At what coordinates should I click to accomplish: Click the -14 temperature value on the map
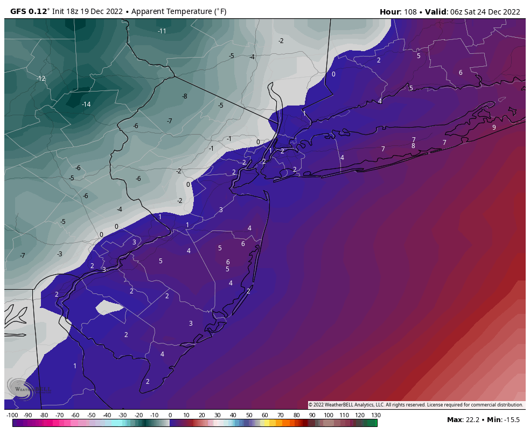point(86,104)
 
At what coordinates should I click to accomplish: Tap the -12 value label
point(41,79)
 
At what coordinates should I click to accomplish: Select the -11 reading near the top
point(162,31)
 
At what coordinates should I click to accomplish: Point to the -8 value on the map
point(185,96)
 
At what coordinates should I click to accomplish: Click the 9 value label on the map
point(494,128)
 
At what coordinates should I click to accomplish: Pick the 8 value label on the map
point(413,146)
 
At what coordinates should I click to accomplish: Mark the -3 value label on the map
point(60,254)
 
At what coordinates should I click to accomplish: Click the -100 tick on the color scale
point(12,415)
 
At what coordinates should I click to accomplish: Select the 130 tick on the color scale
point(375,415)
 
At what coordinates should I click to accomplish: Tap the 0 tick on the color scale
point(170,415)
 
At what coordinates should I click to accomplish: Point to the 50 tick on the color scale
point(249,415)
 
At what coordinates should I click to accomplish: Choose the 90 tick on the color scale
point(312,415)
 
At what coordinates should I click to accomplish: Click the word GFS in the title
point(19,11)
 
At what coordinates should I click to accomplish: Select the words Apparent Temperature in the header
point(162,11)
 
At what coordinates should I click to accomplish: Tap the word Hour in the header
point(390,11)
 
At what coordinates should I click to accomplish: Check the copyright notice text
point(415,405)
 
